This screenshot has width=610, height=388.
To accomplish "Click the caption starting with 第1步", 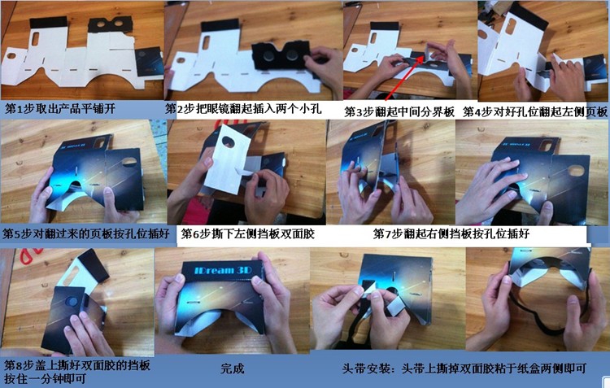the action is [x=60, y=109].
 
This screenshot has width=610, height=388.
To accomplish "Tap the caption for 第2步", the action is [x=244, y=109].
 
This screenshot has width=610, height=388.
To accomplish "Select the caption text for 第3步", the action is [x=399, y=112].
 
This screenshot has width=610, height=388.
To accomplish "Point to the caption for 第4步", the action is [x=535, y=112].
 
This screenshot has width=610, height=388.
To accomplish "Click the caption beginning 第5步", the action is [x=86, y=234].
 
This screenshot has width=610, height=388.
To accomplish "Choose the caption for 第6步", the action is [x=248, y=234].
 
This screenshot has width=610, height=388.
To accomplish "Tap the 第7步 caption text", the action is [x=451, y=234].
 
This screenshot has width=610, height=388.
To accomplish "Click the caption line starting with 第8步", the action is [x=77, y=365].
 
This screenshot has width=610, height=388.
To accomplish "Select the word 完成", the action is [x=233, y=368].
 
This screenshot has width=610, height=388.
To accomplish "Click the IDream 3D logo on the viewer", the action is [x=223, y=270].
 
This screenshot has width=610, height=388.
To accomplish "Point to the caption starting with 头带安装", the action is [x=464, y=368].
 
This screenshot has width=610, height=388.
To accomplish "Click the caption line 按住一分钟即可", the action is [x=45, y=379].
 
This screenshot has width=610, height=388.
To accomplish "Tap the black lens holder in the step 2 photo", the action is [x=281, y=56].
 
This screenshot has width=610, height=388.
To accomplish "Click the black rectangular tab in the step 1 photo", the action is [x=48, y=22].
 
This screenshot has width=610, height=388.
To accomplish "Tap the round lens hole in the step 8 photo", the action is [x=72, y=302].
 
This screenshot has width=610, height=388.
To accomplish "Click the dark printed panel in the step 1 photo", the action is [x=149, y=62].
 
